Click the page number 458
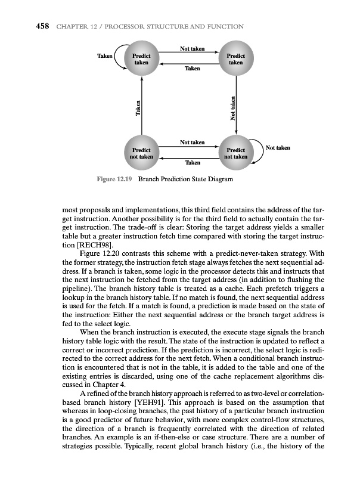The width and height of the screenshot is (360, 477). coord(22,27)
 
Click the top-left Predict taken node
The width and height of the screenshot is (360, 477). coord(141,59)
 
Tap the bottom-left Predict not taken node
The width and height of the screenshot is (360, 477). coord(141,153)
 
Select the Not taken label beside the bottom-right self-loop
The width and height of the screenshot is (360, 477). coord(278,147)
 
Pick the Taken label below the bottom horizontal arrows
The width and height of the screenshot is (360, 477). coord(193,162)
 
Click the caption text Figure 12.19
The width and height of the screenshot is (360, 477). coord(113,179)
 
